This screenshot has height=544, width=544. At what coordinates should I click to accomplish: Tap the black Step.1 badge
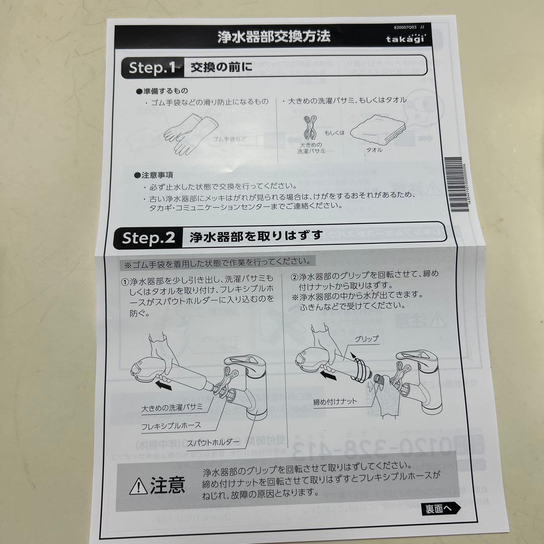(150, 67)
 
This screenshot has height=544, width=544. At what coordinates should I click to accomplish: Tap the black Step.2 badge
(149, 237)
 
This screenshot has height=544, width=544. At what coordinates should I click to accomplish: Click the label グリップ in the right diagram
(366, 339)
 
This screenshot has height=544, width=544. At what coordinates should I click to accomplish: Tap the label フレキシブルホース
(171, 425)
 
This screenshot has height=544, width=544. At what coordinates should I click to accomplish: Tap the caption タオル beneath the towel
(374, 150)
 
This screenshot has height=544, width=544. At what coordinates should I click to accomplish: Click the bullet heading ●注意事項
(154, 175)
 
